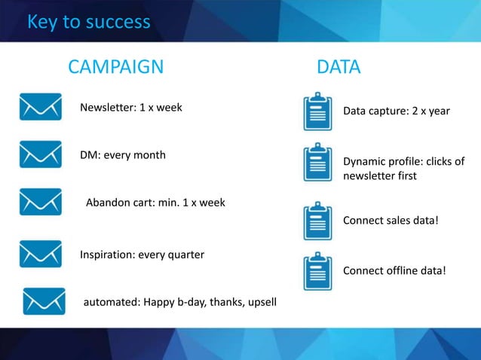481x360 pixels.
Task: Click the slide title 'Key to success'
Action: coord(88,22)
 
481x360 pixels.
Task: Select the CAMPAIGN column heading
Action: coord(115,67)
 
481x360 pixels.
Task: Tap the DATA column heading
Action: coord(339,67)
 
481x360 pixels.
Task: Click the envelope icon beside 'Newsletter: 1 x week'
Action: coord(41,107)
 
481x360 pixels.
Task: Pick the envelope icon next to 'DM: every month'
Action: coord(41,154)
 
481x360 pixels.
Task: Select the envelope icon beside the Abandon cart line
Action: coord(41,202)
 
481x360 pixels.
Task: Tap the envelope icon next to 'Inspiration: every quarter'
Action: coord(41,254)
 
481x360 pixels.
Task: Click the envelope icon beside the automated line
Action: coord(44,301)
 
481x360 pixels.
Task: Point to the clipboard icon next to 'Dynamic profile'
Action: coord(317,163)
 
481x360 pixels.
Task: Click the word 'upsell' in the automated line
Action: coord(261,302)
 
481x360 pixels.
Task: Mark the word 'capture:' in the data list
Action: coord(388,111)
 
